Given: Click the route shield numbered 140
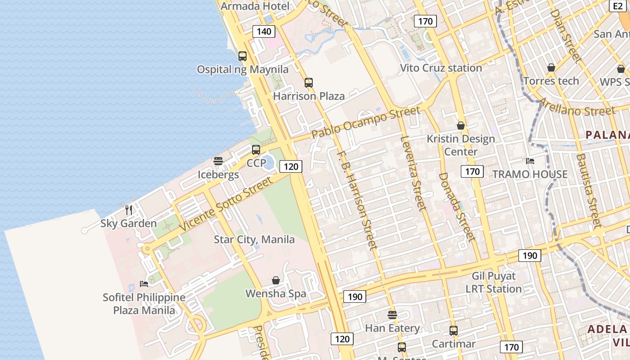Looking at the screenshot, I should tap(264, 31).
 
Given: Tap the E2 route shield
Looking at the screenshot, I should tap(617, 6).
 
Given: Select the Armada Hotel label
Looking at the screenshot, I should tap(255, 6).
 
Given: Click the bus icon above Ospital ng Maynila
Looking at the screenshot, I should tap(243, 56).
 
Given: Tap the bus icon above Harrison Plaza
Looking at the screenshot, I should tap(308, 83).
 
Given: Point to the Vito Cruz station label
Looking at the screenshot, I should tap(441, 68).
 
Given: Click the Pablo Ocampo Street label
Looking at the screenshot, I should tap(366, 122).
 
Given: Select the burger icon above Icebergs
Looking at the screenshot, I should tap(218, 161).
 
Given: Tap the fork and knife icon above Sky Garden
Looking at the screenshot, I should tap(129, 210).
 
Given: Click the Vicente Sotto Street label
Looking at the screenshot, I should tap(226, 204).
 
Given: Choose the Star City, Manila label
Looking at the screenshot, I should tap(254, 239).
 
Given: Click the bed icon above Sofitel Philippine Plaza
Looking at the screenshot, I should tap(144, 283).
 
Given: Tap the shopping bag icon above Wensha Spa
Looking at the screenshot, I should tap(276, 280).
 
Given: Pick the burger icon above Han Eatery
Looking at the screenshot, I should tap(392, 315).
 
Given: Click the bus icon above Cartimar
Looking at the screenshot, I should tap(454, 331).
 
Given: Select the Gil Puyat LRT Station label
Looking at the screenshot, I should tap(494, 282).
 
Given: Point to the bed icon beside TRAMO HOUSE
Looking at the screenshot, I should tap(530, 161).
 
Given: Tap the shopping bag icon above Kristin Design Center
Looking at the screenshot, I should tap(461, 126).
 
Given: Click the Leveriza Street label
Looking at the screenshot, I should tap(413, 173).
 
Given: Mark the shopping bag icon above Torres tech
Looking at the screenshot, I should tap(551, 68).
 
